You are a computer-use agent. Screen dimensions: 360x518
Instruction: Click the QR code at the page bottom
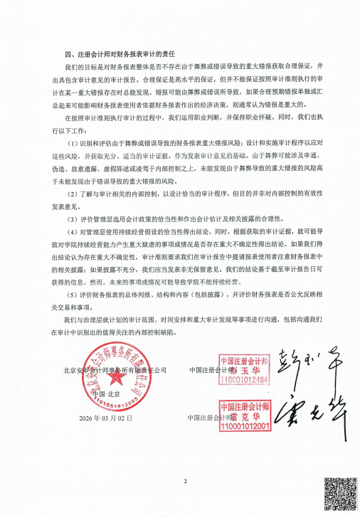point(339,495)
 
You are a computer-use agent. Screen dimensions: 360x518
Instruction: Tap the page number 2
point(184,482)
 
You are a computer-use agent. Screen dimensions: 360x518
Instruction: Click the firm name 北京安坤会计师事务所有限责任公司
point(114,370)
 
